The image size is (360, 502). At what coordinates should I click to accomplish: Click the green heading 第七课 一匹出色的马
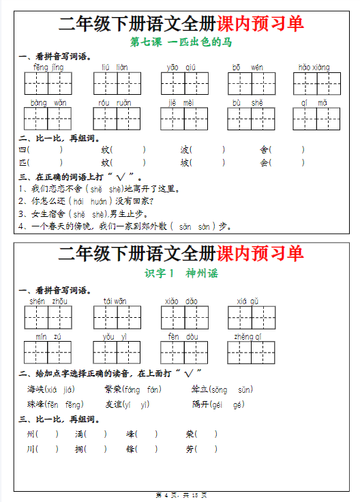(x=180, y=42)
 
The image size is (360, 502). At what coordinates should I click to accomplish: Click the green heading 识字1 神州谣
(x=181, y=273)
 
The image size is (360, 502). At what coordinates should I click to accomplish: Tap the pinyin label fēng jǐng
(x=48, y=68)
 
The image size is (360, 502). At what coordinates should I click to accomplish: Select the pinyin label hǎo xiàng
(x=314, y=68)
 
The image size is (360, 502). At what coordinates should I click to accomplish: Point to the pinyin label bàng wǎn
(x=48, y=102)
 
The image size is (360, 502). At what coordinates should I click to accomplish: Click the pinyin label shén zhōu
(x=48, y=301)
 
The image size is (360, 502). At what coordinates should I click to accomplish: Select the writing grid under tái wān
(x=115, y=317)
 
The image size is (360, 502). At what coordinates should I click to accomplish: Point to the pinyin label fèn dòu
(x=182, y=336)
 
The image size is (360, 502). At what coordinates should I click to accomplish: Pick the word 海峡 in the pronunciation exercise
(x=35, y=389)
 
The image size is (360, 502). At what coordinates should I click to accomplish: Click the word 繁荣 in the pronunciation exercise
(x=113, y=389)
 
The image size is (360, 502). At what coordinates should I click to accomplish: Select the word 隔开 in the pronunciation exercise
(x=200, y=404)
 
